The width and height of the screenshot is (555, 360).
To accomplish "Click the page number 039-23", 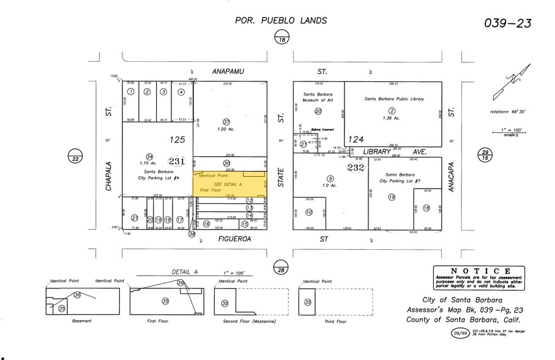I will (508, 23).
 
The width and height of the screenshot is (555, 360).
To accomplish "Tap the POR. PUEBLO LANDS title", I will (281, 20).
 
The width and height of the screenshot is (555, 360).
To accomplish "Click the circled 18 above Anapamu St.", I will (281, 39).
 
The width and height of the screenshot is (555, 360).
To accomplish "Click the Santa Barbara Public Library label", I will (393, 99).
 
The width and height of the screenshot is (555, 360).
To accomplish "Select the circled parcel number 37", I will (226, 121).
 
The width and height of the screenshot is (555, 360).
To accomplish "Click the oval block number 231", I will (177, 161).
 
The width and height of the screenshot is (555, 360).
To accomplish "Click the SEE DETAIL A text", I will (228, 184).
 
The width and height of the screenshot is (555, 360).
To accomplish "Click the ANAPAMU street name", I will (228, 72).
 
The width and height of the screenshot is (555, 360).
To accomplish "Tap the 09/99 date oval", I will (460, 334).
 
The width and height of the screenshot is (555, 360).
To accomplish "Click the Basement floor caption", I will (81, 321).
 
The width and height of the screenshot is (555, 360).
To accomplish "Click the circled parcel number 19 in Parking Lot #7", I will (391, 197).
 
